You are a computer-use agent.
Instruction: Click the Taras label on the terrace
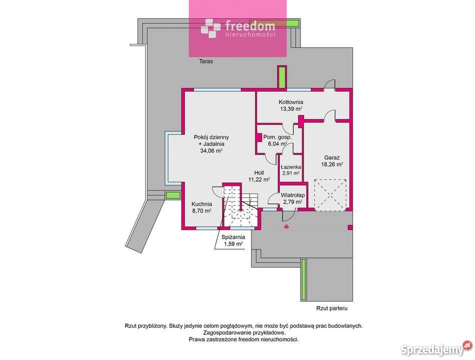click(x=206, y=61)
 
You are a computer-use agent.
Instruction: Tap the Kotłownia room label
click(x=291, y=102)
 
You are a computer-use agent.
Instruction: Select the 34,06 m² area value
click(x=211, y=150)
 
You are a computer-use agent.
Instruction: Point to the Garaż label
click(x=332, y=157)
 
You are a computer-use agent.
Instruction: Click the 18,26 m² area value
click(x=332, y=164)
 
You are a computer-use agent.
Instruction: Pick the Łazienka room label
click(x=291, y=167)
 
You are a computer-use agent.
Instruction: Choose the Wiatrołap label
click(x=292, y=195)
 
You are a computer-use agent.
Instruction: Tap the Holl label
click(x=259, y=172)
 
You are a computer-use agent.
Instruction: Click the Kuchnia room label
click(x=202, y=204)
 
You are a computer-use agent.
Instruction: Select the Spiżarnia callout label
click(x=233, y=237)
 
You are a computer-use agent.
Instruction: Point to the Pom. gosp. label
click(x=277, y=137)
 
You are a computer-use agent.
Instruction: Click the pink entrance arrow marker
click(x=285, y=226)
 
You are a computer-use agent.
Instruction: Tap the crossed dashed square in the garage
click(x=330, y=195)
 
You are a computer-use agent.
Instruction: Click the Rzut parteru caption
click(x=331, y=308)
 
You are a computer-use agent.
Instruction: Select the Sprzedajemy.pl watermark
click(x=436, y=349)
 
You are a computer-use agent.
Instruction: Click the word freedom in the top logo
click(x=250, y=26)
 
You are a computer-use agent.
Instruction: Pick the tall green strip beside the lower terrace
click(x=303, y=280)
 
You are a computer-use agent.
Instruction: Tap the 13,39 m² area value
click(x=291, y=109)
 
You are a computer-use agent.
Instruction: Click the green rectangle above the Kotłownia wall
click(x=282, y=77)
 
